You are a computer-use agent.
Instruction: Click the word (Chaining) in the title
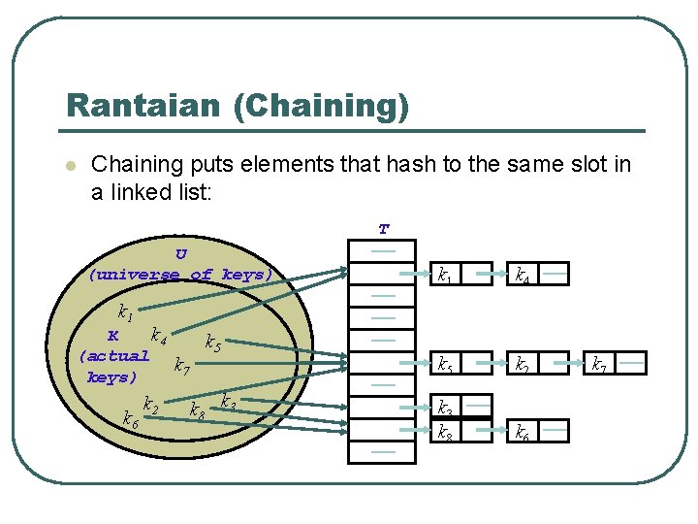click(321, 107)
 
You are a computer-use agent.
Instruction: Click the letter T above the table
click(384, 230)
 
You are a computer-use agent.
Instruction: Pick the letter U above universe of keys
click(181, 254)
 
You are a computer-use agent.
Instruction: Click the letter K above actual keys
click(112, 337)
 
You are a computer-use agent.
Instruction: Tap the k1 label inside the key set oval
click(124, 312)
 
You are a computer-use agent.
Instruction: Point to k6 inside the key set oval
click(129, 418)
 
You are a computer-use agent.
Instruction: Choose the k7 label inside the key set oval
click(180, 366)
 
